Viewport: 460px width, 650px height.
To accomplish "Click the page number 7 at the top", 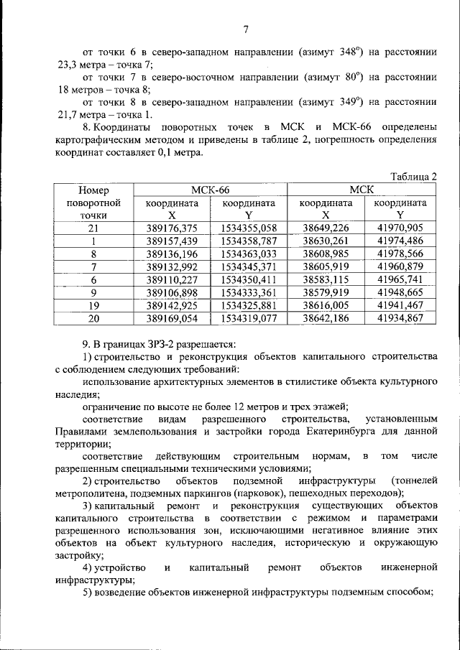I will point(245,29).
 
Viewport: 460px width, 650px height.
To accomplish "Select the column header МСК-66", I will point(210,190).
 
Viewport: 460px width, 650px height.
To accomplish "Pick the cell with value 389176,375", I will point(171,228).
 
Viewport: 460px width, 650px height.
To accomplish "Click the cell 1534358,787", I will point(249,241).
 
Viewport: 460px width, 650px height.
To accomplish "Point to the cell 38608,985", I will point(326,254).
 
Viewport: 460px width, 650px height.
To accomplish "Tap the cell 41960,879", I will point(400,266).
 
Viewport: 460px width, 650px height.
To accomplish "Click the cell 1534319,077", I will point(249,318).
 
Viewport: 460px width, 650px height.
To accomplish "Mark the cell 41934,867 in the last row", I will point(400,318).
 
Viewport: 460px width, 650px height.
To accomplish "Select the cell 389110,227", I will point(171,279).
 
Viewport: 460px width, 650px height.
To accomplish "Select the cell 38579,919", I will point(326,292).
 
